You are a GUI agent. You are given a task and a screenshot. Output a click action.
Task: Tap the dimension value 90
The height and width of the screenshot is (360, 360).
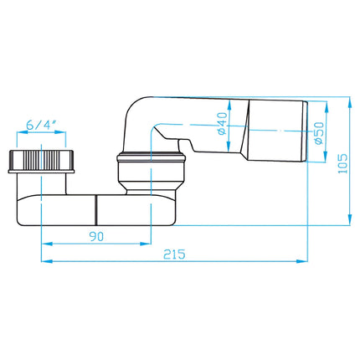coord(96,236)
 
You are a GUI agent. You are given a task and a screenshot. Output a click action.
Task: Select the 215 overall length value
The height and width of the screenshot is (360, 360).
coord(174,254)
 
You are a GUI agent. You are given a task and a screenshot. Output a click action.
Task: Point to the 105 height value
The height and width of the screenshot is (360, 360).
coord(342,163)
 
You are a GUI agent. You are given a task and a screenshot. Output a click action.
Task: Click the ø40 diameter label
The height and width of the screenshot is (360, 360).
coord(223,123)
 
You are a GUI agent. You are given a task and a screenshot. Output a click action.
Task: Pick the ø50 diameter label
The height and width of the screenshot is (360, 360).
coord(319,133)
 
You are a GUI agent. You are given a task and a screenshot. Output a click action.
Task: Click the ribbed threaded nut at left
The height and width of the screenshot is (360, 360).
coord(42,162)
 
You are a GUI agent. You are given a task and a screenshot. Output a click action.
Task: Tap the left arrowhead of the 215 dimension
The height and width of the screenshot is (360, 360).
coord(47,261)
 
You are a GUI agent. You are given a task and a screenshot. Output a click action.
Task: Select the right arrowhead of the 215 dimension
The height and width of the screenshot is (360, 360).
coord(302,261)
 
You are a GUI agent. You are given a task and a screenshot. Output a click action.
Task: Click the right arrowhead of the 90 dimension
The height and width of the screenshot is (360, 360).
coord(146,244)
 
